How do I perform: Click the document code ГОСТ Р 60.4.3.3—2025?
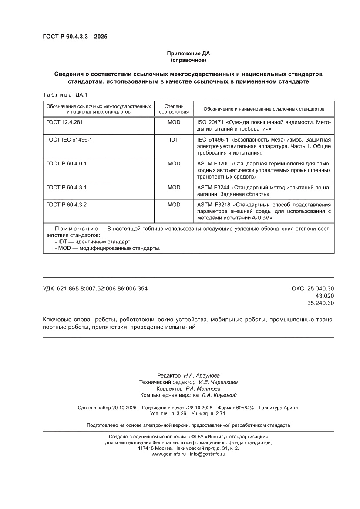(75, 37)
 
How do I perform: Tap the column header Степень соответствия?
(174, 109)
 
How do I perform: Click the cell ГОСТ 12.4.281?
(64, 122)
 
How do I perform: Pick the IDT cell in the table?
(174, 140)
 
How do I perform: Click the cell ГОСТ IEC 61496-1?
(69, 140)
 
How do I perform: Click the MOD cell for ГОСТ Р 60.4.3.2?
(174, 204)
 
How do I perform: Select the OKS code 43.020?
(324, 296)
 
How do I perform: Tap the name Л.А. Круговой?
(219, 395)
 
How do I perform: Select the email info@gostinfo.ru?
(208, 454)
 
